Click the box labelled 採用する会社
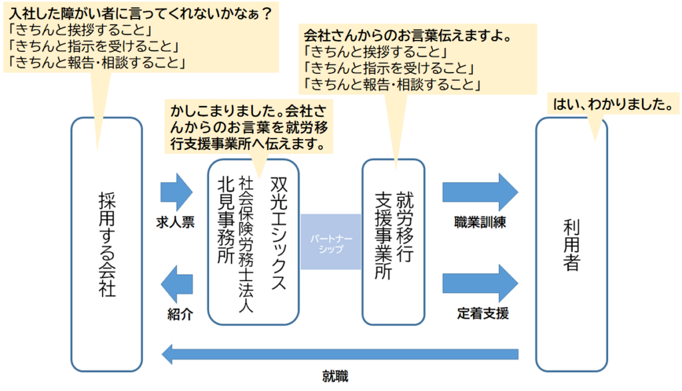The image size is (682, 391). pos(107,243)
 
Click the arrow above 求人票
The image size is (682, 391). pos(176,191)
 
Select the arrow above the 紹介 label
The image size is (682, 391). pos(176,282)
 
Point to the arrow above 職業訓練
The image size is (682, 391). pos(480,191)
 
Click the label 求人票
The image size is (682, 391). pos(176,222)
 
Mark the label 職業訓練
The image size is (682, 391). pos(480,222)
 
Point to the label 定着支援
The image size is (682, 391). pos(480,312)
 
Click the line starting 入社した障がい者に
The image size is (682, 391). pos(143,11)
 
